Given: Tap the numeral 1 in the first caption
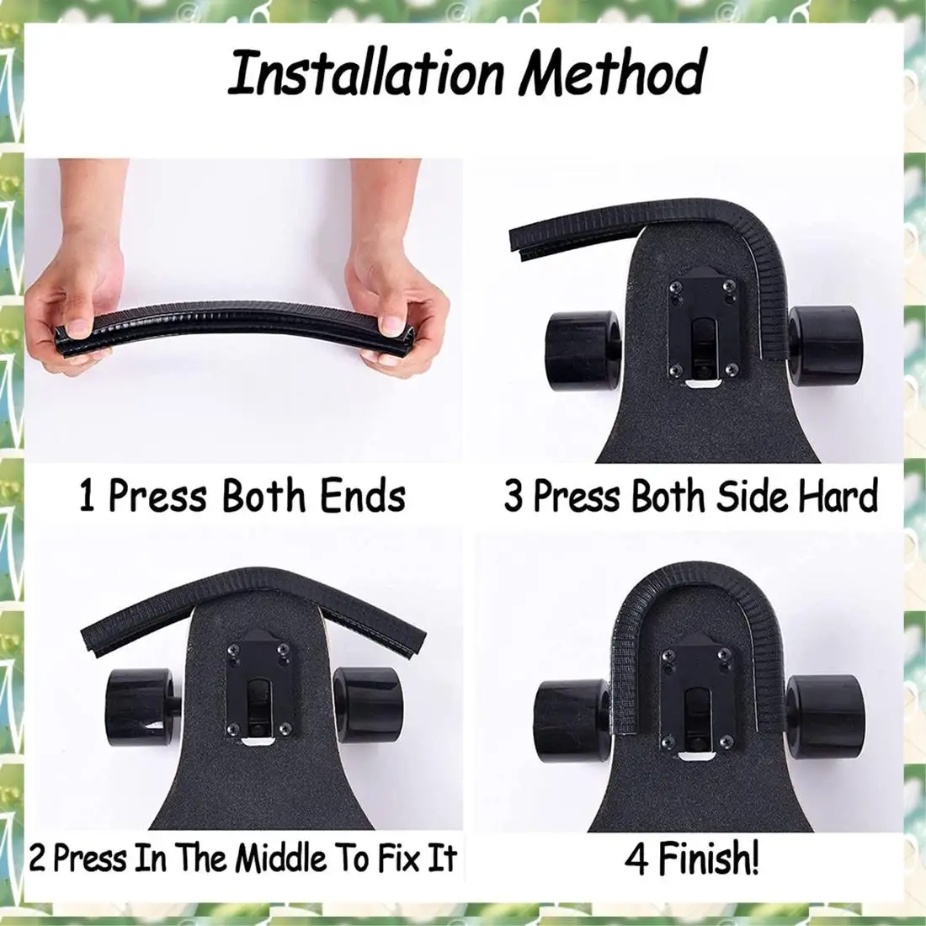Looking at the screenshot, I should click(x=87, y=496).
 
